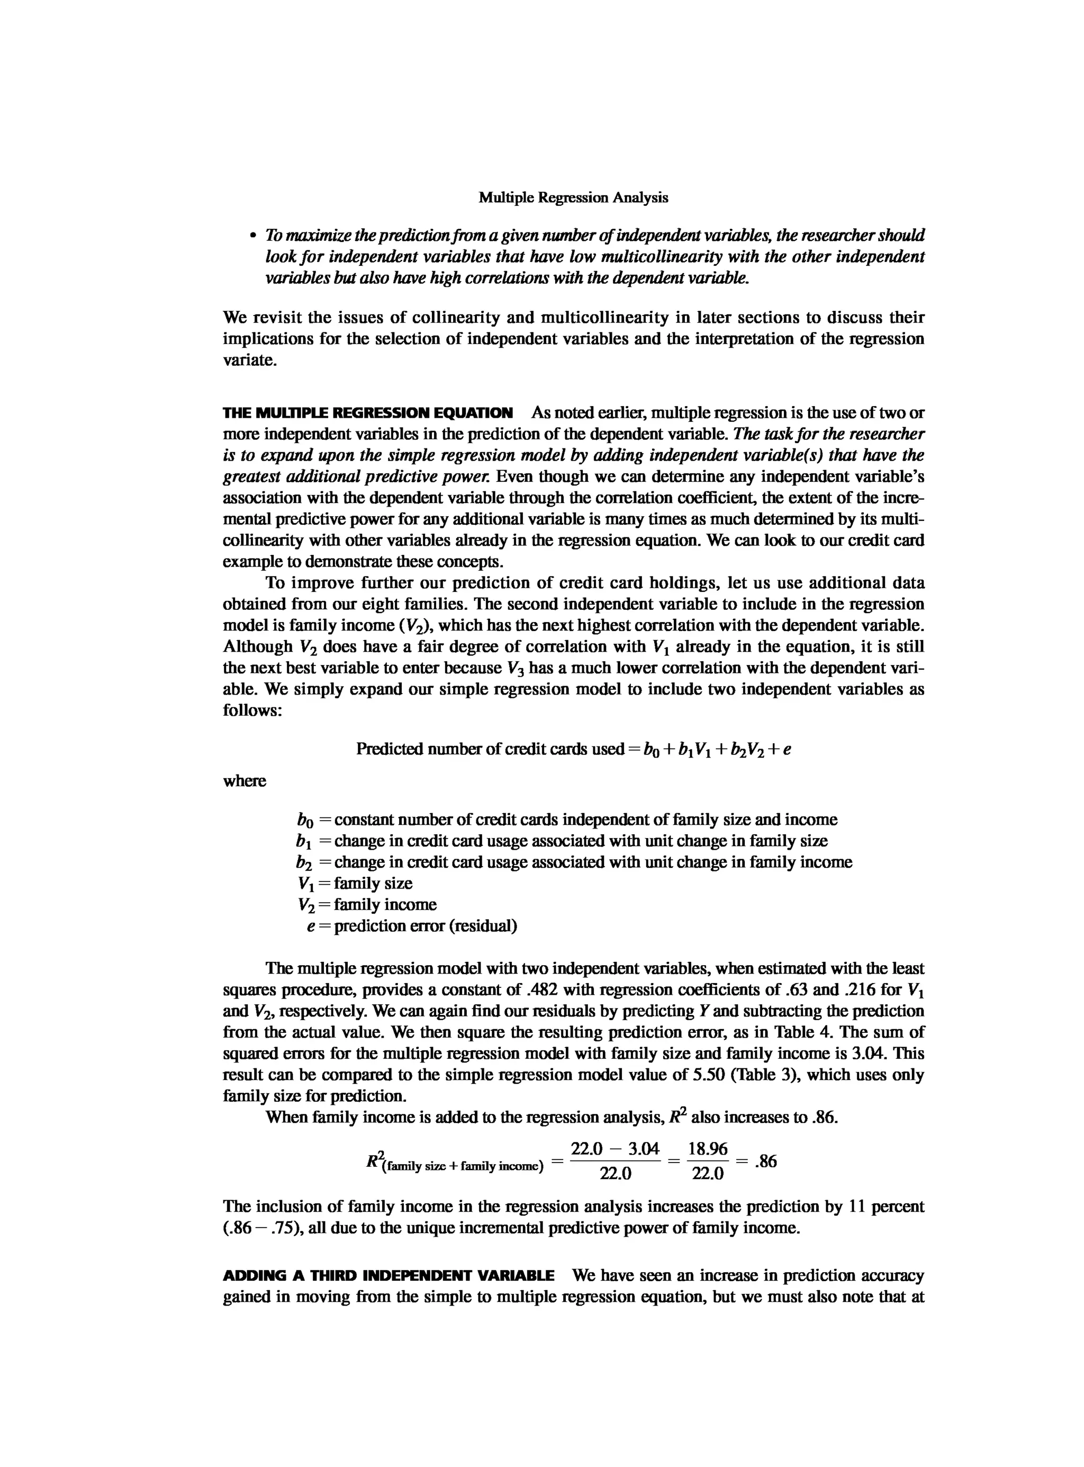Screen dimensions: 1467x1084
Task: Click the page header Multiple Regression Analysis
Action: pyautogui.click(x=573, y=197)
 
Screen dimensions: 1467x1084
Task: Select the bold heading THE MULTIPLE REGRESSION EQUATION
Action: pyautogui.click(x=367, y=413)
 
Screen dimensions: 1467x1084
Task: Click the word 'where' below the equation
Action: pyautogui.click(x=244, y=781)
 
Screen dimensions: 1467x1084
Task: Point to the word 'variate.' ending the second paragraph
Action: pyautogui.click(x=249, y=361)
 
